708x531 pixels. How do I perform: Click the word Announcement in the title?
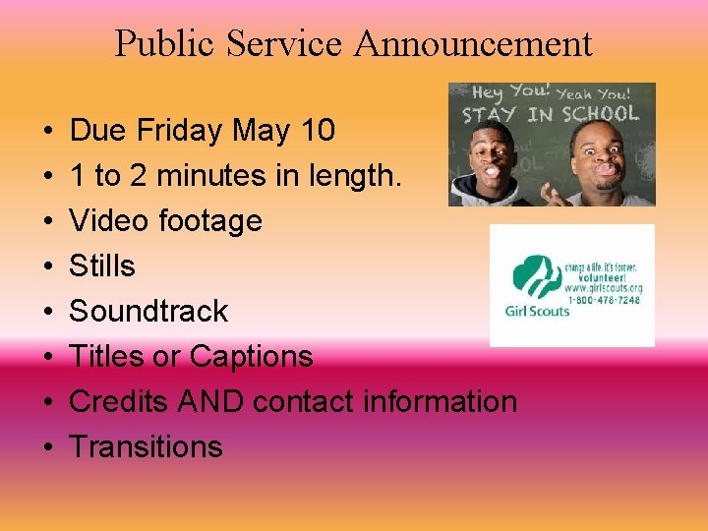coord(473,43)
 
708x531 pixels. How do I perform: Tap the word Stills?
coord(102,265)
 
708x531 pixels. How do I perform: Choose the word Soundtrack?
coord(148,311)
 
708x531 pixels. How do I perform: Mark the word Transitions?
coord(147,446)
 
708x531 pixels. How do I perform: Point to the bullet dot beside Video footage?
coord(47,221)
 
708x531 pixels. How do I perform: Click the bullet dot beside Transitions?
coord(47,447)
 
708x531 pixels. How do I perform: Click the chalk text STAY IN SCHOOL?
coord(549,113)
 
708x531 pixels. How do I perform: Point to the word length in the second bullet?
coord(354,175)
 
